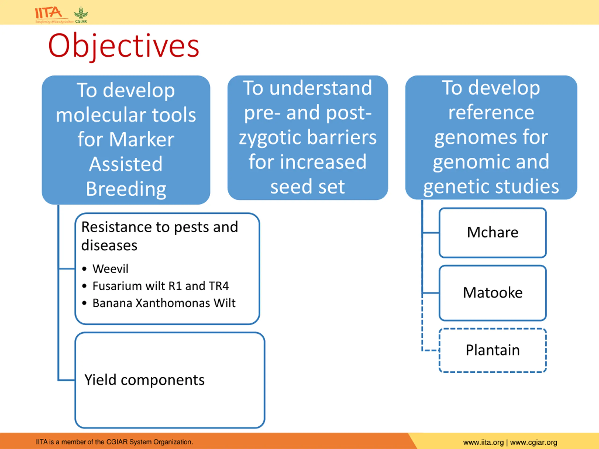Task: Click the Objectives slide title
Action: click(x=124, y=46)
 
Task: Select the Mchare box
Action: click(x=493, y=233)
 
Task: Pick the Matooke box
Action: click(x=493, y=293)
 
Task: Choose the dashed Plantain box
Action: click(x=493, y=350)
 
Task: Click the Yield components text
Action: click(x=144, y=380)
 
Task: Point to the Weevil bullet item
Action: click(x=105, y=269)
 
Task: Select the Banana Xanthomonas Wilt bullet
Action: click(x=159, y=303)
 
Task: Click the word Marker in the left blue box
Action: click(x=142, y=139)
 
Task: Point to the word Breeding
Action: click(x=126, y=189)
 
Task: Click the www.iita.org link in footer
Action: click(x=483, y=442)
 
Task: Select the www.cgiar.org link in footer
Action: click(x=533, y=442)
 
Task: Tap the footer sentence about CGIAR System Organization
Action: click(x=114, y=442)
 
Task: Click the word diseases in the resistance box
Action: click(x=110, y=246)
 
